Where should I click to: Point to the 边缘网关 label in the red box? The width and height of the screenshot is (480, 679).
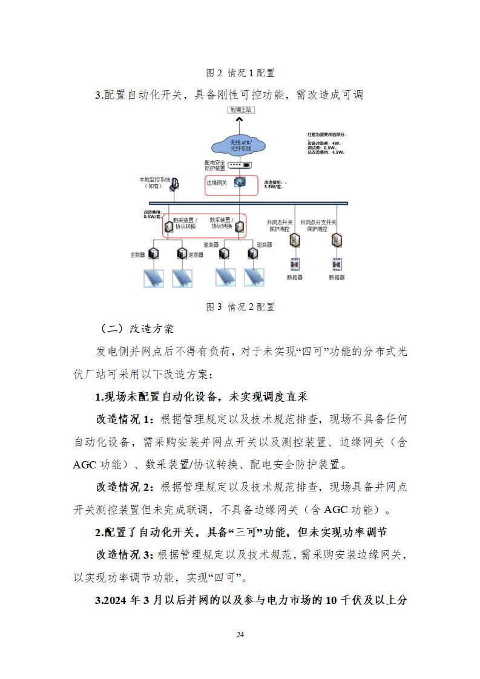click(x=217, y=183)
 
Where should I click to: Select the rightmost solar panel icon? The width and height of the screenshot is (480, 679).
click(x=254, y=277)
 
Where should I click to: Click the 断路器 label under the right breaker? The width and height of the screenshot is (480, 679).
click(x=337, y=277)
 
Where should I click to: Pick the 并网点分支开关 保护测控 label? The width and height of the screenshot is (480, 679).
click(x=335, y=226)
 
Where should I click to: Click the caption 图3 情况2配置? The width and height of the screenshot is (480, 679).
click(x=240, y=307)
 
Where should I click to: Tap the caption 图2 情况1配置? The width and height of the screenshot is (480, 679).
click(x=240, y=73)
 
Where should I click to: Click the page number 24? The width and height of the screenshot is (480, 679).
click(x=240, y=634)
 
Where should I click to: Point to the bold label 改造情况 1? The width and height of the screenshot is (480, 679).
click(x=125, y=419)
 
